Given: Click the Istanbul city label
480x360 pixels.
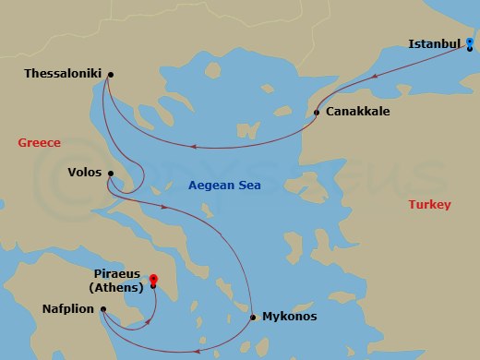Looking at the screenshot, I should (x=434, y=42).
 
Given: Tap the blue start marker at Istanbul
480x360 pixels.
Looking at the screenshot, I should (x=470, y=43).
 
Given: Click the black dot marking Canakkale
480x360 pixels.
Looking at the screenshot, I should (x=317, y=113).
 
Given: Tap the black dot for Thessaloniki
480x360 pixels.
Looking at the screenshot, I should (x=110, y=75).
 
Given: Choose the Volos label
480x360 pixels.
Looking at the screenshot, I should (x=85, y=172).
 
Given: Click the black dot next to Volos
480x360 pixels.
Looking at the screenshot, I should (x=110, y=173).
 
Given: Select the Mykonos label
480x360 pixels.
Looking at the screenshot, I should (x=290, y=317).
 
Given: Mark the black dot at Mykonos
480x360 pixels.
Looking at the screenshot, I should (x=253, y=318).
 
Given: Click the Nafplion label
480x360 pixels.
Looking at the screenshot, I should (x=68, y=309).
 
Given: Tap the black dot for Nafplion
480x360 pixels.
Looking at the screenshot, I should (x=102, y=309).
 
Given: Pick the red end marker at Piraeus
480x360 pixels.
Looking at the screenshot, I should (x=153, y=280).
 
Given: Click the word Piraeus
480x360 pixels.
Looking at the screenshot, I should (x=118, y=274).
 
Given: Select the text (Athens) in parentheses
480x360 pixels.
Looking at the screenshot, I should (x=118, y=287).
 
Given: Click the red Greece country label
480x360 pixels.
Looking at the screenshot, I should (x=39, y=143).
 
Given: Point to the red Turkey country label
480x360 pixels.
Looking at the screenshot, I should (x=429, y=205).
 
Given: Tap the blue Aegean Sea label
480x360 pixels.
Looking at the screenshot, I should (x=224, y=186).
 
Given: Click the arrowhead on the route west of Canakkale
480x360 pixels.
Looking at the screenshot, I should (x=194, y=145).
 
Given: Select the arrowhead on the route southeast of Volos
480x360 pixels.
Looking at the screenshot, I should (x=164, y=207).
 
